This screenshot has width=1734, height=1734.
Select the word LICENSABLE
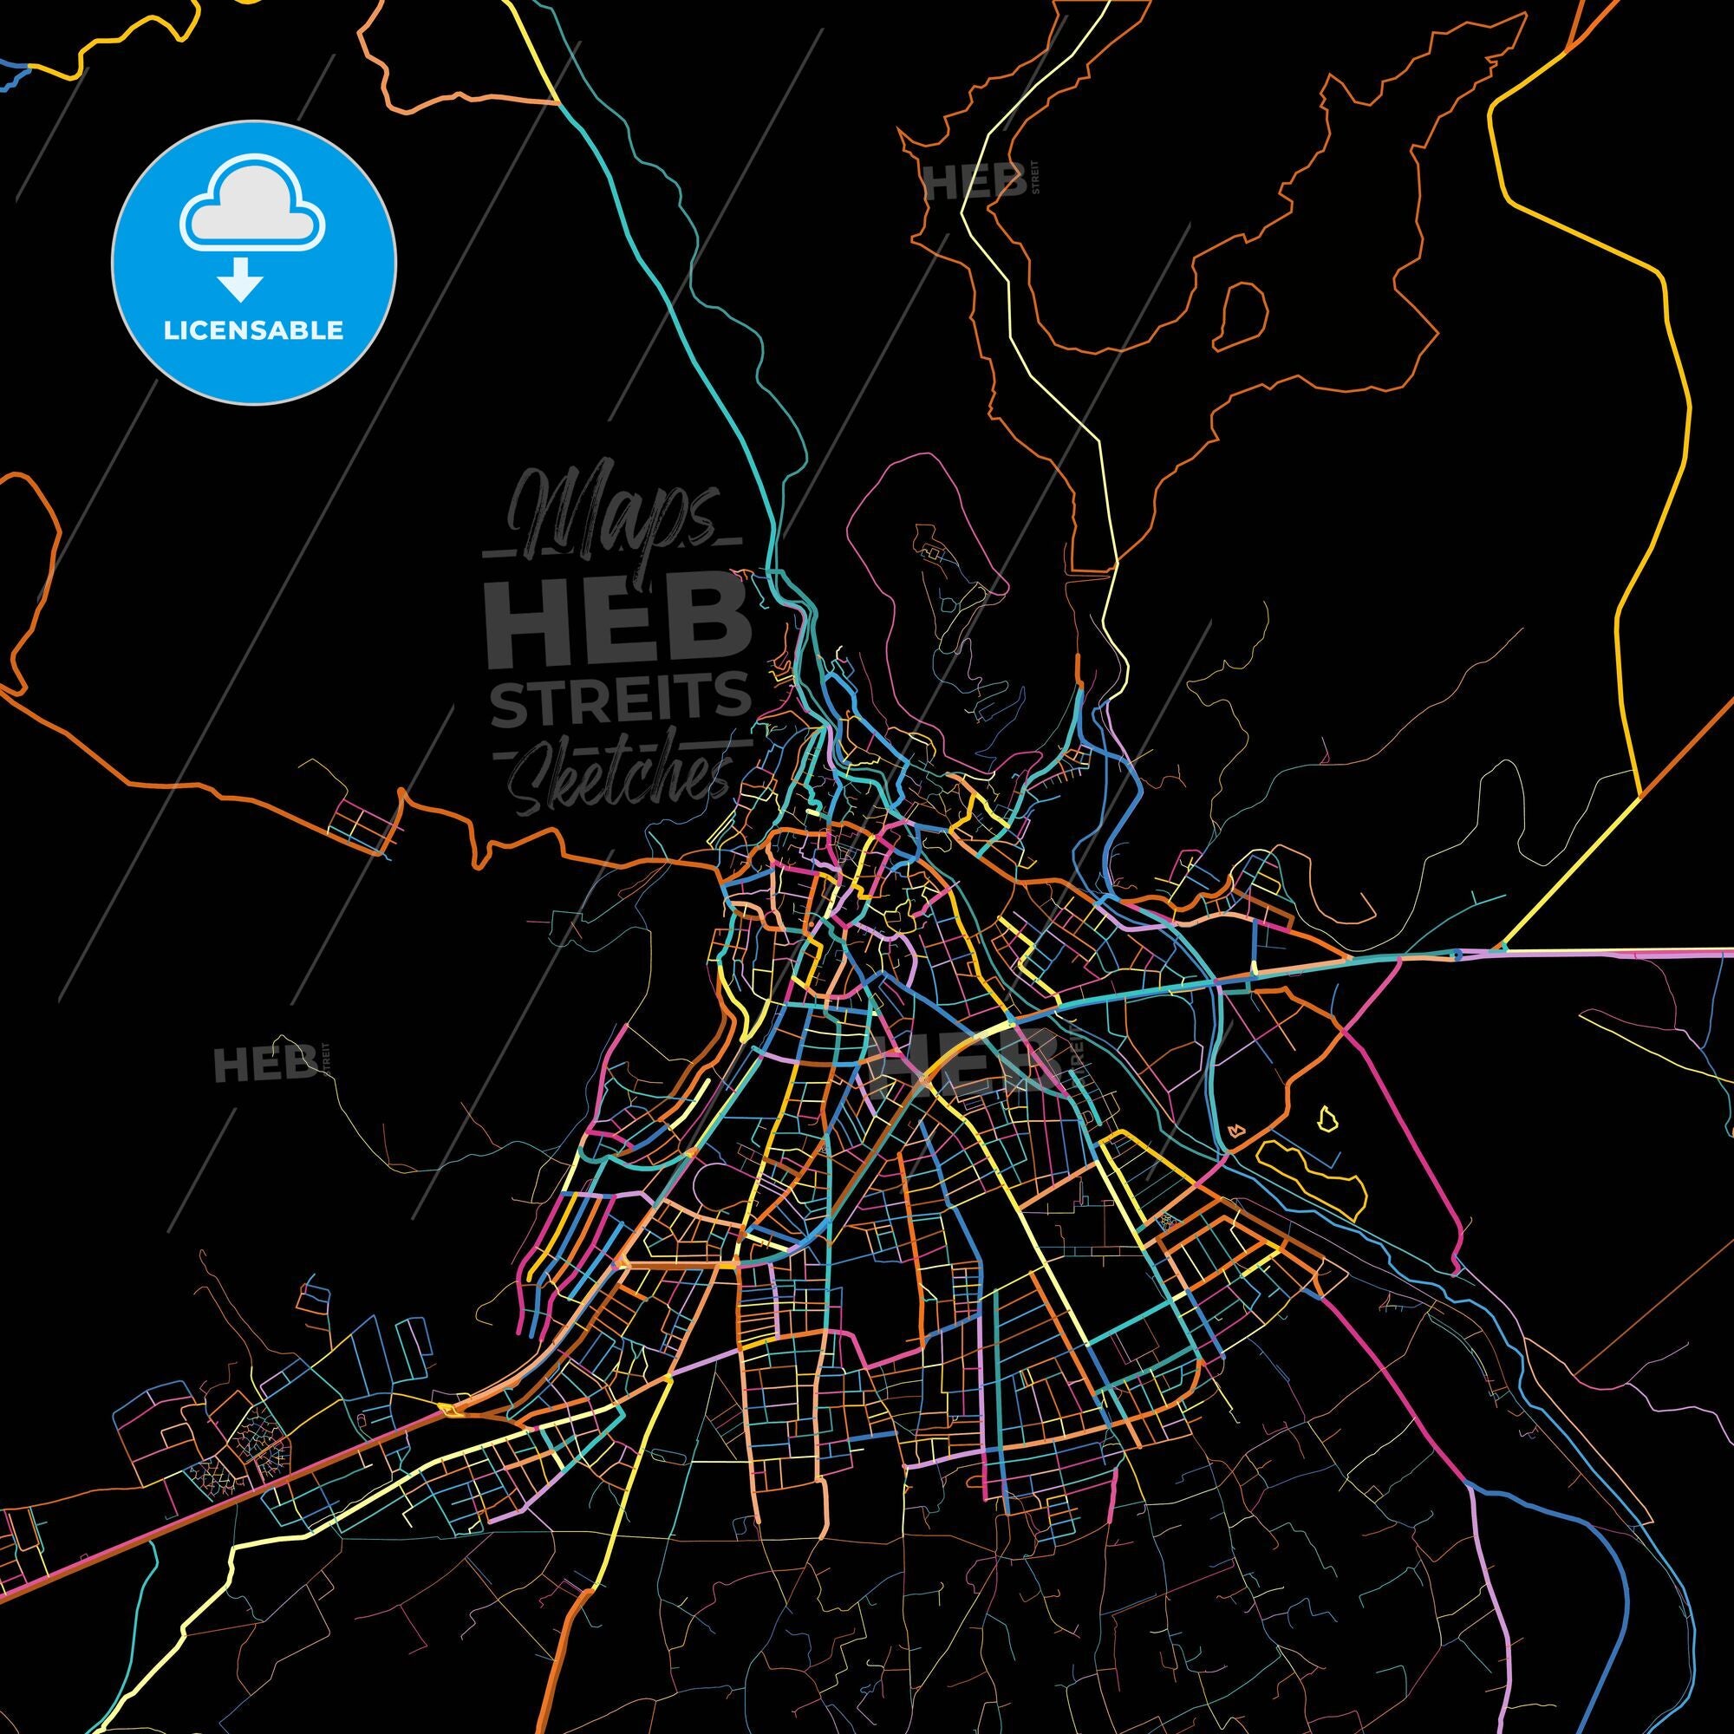click(253, 330)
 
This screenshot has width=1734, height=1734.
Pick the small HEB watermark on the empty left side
click(264, 1066)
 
